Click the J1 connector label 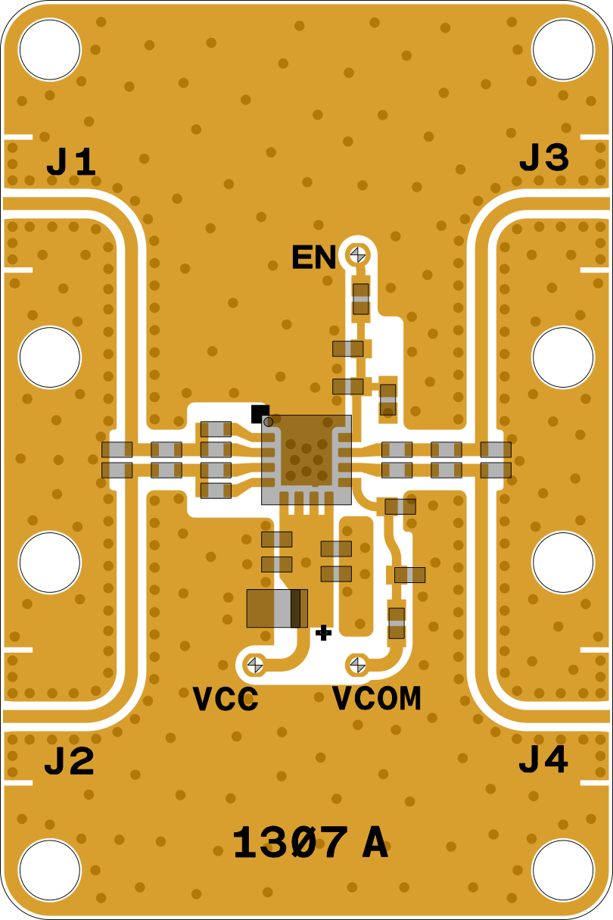click(72, 163)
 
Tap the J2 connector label click(70, 763)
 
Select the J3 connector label click(543, 159)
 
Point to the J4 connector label click(543, 760)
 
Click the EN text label click(314, 258)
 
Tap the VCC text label click(226, 700)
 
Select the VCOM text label click(376, 698)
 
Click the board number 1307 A click(310, 844)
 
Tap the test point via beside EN click(358, 254)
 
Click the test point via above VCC click(255, 665)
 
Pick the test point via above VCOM click(358, 665)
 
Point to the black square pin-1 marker click(260, 413)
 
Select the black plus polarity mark click(324, 632)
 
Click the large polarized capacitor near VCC click(277, 608)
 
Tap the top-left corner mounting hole click(50, 50)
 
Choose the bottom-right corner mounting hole click(563, 870)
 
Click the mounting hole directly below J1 click(50, 357)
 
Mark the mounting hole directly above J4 click(563, 563)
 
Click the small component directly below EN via click(361, 299)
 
